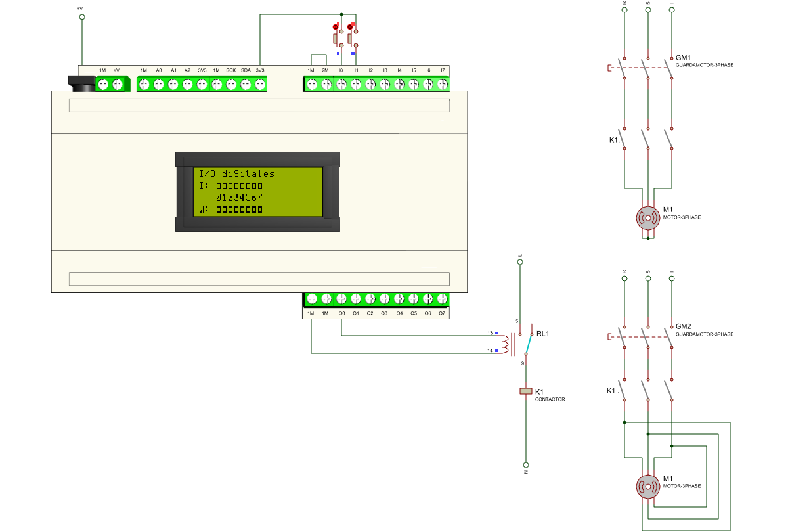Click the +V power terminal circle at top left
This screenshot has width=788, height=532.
(82, 17)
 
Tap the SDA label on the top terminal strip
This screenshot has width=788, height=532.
(246, 70)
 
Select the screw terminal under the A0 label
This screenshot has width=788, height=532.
(159, 85)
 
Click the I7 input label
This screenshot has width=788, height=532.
(443, 70)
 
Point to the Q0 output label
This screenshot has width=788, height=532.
(341, 313)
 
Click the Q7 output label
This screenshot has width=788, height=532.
(442, 313)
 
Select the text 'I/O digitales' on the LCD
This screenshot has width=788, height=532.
(237, 174)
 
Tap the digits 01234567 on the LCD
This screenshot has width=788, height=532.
(239, 198)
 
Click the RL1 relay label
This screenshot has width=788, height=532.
(542, 334)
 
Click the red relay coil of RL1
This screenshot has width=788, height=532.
(505, 344)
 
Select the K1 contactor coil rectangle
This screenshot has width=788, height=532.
(526, 391)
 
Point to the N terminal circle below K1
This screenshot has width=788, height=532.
(526, 465)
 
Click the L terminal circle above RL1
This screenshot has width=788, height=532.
(520, 262)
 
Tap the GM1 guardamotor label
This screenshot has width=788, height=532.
(683, 58)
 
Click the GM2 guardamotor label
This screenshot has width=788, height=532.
(683, 326)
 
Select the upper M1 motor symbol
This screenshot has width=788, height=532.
(647, 218)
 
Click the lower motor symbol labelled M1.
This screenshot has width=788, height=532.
(647, 487)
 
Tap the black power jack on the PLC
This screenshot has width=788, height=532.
(81, 84)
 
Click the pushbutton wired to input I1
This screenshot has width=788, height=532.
(353, 38)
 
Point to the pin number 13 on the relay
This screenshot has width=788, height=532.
(490, 333)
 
